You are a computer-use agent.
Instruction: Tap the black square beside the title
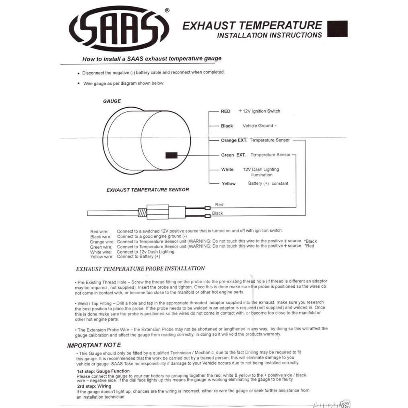(x=337, y=29)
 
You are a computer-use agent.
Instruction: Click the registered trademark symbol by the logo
(x=167, y=10)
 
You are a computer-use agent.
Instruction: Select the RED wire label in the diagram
(x=225, y=111)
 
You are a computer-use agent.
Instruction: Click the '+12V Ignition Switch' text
(x=259, y=111)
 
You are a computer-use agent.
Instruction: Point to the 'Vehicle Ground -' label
(x=259, y=126)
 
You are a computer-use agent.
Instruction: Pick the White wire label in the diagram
(x=227, y=170)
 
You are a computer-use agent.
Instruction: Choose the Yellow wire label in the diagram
(x=228, y=184)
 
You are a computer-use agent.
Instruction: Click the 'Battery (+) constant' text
(x=268, y=184)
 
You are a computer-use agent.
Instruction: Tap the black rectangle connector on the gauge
(x=171, y=155)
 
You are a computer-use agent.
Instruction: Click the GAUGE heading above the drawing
(x=112, y=101)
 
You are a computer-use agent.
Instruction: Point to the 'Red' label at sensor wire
(x=219, y=205)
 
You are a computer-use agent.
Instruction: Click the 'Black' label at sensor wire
(x=217, y=213)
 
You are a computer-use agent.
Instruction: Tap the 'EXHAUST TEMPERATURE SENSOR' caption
(x=148, y=190)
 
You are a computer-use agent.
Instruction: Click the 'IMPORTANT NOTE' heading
(x=94, y=345)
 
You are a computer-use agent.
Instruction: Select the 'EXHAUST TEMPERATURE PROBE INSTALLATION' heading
(x=140, y=269)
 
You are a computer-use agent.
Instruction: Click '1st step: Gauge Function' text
(x=103, y=371)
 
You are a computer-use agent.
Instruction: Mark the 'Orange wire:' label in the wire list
(x=102, y=242)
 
